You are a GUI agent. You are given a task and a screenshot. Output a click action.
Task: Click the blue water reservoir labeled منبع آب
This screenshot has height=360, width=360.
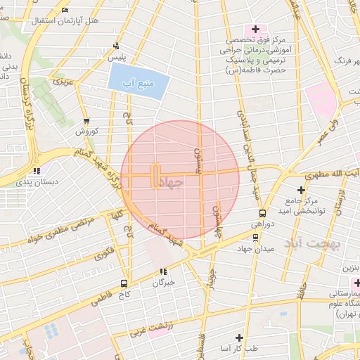coord(139,85)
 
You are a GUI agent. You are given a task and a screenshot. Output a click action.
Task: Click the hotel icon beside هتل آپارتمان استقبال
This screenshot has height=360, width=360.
coord(65,11)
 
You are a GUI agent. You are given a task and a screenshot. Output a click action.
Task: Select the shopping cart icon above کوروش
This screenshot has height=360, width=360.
coord(86,121)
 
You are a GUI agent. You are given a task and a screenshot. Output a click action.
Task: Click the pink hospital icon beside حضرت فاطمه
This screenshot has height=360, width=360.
coord(255,30)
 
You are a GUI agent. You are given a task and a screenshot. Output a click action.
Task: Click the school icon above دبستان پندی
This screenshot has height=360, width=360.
coord(36,169)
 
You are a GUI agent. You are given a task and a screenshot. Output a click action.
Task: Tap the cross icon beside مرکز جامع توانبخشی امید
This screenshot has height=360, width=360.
coord(301,189)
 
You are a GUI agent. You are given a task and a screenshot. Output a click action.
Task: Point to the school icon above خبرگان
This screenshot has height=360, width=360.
coord(163,271)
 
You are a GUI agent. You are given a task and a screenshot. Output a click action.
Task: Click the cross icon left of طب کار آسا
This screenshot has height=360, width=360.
coord(239,337)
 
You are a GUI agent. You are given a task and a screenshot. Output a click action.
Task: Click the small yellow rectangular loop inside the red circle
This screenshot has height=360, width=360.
coord(155,176)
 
